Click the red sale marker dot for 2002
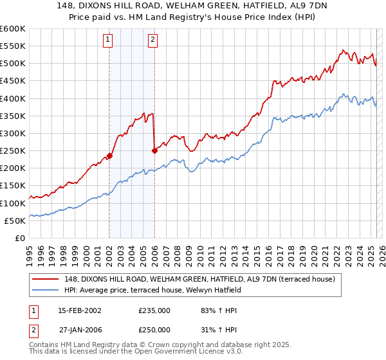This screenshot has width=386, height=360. point(109,156)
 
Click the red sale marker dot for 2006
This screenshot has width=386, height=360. point(154,150)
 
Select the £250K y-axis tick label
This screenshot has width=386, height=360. point(13,150)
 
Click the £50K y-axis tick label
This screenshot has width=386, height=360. point(15,221)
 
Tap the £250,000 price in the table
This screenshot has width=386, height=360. point(154,331)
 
